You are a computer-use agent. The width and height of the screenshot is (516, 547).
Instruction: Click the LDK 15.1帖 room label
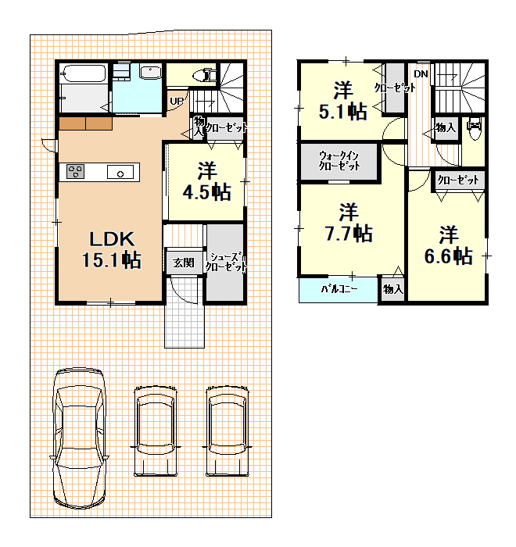pos(112,250)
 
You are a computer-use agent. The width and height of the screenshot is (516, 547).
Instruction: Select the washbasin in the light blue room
pos(150,72)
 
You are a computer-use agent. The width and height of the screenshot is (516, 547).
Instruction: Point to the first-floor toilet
pos(205,75)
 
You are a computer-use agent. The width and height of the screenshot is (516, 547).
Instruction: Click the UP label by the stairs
pos(177,101)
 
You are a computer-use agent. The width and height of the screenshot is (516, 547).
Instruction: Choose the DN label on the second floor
pos(421,74)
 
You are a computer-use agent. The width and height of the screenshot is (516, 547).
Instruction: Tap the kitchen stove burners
pos(75,171)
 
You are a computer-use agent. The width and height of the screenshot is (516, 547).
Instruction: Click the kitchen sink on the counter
pos(120,172)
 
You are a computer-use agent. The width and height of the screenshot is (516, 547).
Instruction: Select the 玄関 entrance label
pos(184,263)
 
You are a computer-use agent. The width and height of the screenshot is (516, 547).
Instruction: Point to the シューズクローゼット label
pos(225,262)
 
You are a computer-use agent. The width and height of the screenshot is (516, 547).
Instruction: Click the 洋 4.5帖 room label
pos(206,181)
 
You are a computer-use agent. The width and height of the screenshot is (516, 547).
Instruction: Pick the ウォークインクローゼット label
pos(339,160)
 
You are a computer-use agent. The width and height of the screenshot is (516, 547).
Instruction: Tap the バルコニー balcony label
pos(339,289)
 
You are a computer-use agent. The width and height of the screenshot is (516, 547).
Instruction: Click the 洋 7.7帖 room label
pos(349,223)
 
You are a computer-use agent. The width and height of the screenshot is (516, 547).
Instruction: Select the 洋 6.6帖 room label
pos(448,245)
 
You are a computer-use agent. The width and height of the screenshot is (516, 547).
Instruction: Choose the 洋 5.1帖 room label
pos(343,101)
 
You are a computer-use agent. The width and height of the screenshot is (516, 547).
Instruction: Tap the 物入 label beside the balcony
pos(393,289)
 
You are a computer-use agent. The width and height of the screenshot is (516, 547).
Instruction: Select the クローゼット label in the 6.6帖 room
pos(458,180)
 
